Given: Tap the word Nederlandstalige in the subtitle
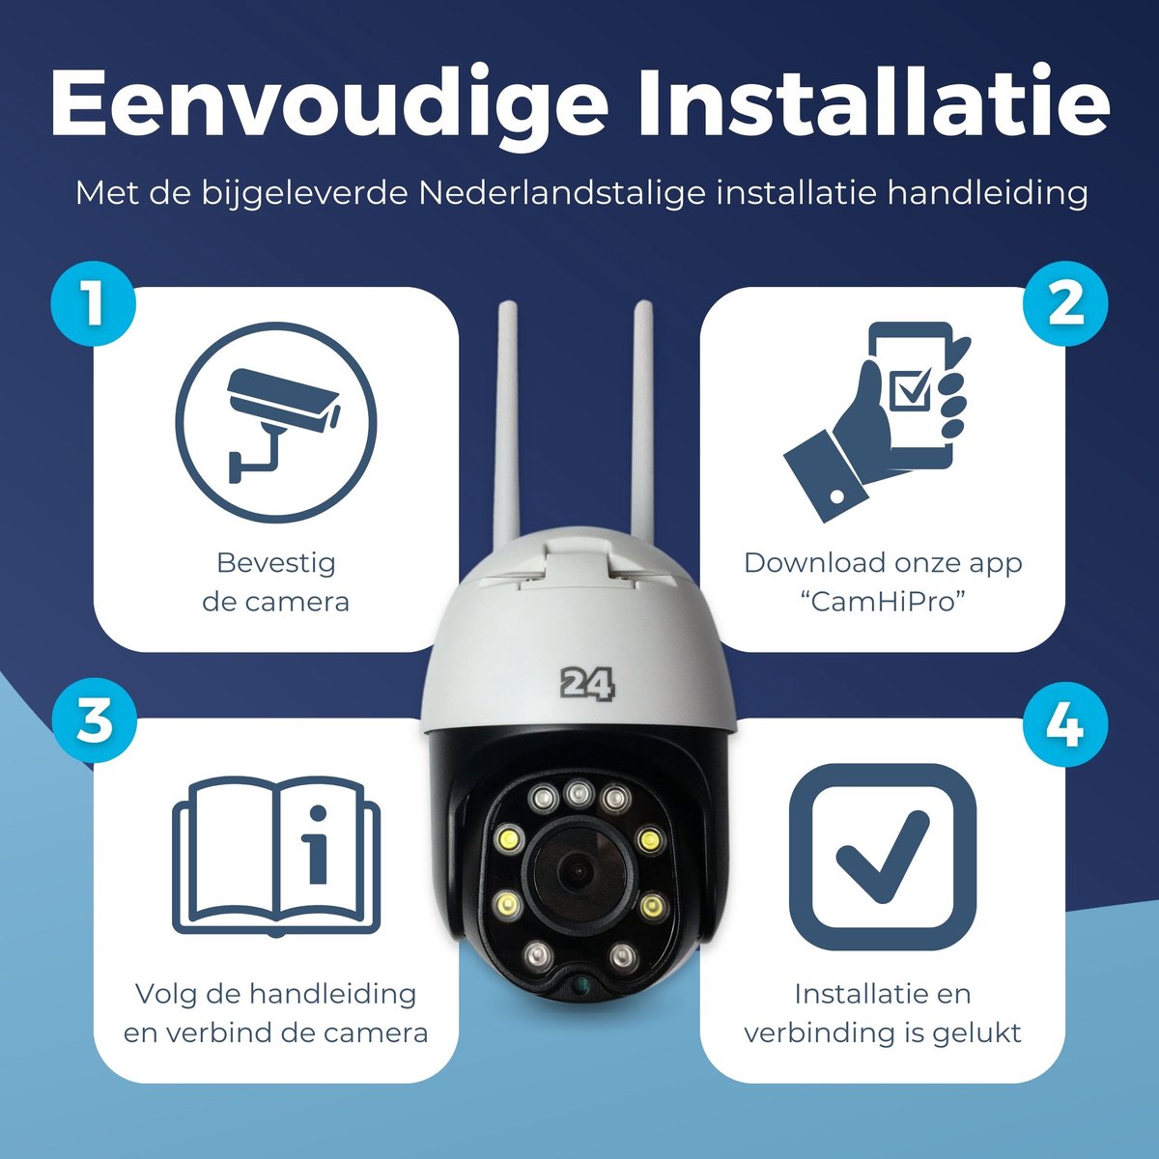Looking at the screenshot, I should coord(563,192).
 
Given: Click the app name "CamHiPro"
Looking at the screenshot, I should coord(883,602).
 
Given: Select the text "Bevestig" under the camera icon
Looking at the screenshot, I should coord(276,562).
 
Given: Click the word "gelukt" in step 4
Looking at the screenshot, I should coord(976,1032).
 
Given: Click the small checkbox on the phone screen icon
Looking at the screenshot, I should coord(912,388).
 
